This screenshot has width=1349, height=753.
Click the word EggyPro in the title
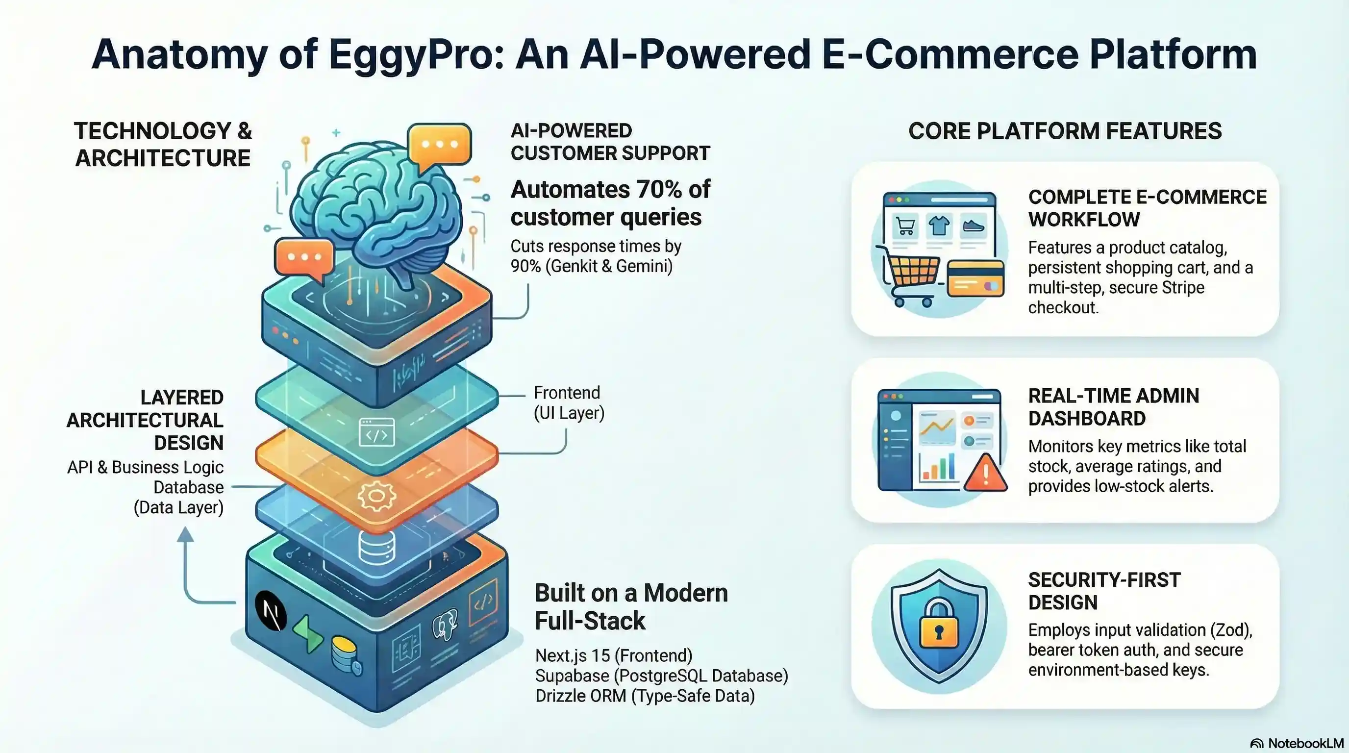(416, 55)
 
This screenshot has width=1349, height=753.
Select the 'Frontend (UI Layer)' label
(569, 402)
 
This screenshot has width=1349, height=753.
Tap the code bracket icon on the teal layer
(376, 432)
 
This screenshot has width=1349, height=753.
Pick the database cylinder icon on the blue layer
(376, 547)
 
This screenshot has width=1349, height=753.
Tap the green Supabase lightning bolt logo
(308, 633)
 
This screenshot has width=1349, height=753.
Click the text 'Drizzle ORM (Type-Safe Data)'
(645, 696)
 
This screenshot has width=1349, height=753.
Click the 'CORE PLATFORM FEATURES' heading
(1065, 131)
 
